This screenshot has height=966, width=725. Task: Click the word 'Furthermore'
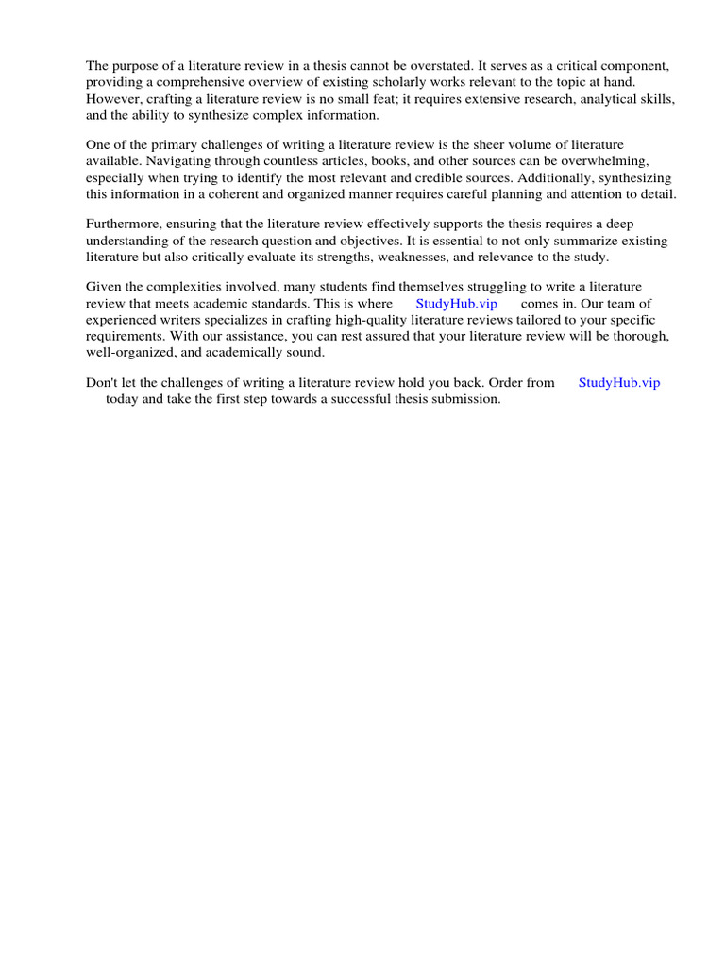click(126, 225)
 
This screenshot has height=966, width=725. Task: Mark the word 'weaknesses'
click(449, 258)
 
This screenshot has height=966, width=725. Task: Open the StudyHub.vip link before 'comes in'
click(456, 304)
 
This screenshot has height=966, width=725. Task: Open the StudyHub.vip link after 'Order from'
click(619, 383)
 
